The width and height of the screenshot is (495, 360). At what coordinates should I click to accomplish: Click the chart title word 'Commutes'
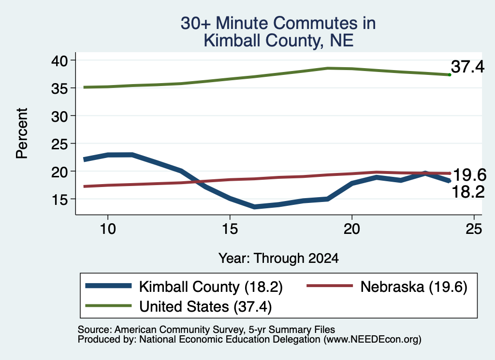click(315, 23)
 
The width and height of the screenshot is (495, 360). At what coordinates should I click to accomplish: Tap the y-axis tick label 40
click(59, 60)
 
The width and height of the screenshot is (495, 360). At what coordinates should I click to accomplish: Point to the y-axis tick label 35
click(59, 88)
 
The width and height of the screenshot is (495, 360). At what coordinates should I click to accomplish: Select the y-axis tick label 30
click(59, 116)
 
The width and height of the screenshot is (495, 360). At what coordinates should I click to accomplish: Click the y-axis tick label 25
click(59, 144)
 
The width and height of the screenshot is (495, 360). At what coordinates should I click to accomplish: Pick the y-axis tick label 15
click(59, 200)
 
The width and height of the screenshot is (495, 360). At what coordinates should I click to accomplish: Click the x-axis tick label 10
click(108, 229)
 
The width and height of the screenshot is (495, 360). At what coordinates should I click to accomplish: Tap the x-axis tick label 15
click(230, 229)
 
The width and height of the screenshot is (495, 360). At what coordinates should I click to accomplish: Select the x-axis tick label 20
click(352, 229)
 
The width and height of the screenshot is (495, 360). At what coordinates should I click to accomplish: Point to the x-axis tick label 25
click(474, 229)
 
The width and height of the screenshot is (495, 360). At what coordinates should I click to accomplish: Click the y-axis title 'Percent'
click(22, 133)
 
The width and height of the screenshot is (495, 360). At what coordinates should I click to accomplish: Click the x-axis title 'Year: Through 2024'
click(278, 258)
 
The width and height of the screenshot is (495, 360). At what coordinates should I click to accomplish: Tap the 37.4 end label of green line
click(467, 67)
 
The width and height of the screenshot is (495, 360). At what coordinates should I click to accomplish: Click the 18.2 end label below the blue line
click(468, 192)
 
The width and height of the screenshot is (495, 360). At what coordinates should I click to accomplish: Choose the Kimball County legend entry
click(184, 287)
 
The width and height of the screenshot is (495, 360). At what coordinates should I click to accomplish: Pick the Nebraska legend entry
click(387, 287)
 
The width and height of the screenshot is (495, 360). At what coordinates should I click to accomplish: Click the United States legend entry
click(179, 306)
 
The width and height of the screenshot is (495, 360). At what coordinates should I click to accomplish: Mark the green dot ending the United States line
click(450, 75)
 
